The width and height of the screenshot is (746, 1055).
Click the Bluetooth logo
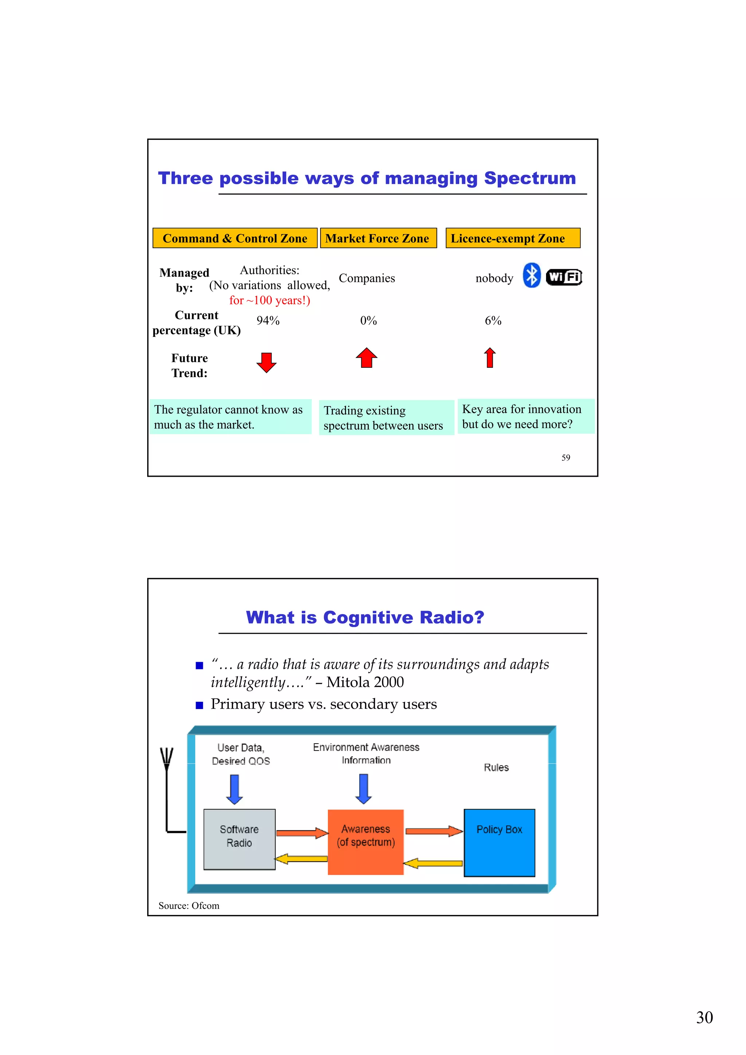(x=532, y=275)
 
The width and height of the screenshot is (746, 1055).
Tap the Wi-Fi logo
(x=564, y=277)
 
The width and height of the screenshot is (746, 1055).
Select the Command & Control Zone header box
(x=235, y=238)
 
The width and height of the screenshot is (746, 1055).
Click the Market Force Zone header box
(x=378, y=238)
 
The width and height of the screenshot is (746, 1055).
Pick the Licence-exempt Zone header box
(x=513, y=238)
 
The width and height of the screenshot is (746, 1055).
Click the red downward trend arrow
(x=267, y=362)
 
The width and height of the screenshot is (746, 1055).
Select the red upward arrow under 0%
(x=366, y=358)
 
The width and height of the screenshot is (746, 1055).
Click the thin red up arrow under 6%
(x=490, y=358)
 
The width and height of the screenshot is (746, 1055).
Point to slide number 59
(x=565, y=458)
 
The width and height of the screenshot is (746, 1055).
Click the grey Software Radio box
(x=239, y=839)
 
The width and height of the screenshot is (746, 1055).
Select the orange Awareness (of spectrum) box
(x=365, y=842)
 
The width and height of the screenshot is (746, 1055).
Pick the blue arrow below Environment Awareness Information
(x=364, y=788)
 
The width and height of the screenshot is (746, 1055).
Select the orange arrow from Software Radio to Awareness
(x=302, y=832)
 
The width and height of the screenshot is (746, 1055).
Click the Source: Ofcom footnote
(x=189, y=905)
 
